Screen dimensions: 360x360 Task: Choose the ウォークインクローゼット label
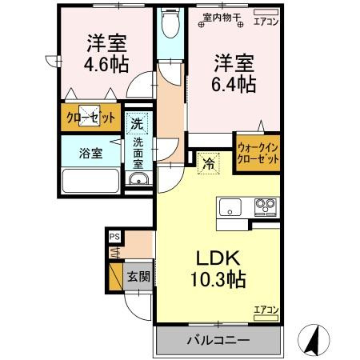[258, 152]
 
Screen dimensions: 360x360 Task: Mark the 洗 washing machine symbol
[137, 123]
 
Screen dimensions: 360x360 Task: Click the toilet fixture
[169, 26]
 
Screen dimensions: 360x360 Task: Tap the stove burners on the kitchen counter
[265, 207]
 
